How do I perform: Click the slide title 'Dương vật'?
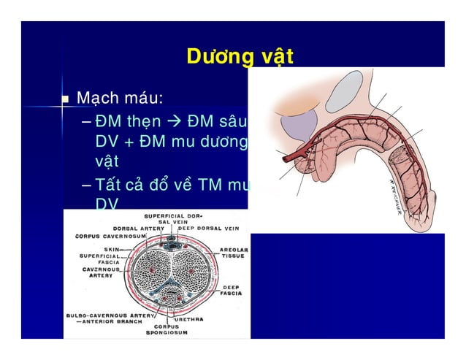tap(240, 56)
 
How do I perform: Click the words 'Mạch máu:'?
tap(120, 98)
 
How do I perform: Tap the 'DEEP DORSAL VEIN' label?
tap(209, 227)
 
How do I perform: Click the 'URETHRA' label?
tap(188, 319)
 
